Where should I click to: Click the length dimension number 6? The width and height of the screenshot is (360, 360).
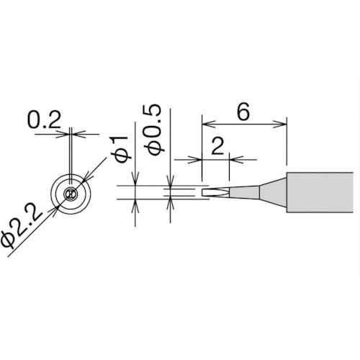point(243,112)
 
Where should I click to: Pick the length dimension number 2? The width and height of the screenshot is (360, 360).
point(215,147)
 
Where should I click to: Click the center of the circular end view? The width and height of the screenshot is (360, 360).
point(71,194)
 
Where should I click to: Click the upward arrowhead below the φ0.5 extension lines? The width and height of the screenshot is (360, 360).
point(170,202)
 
